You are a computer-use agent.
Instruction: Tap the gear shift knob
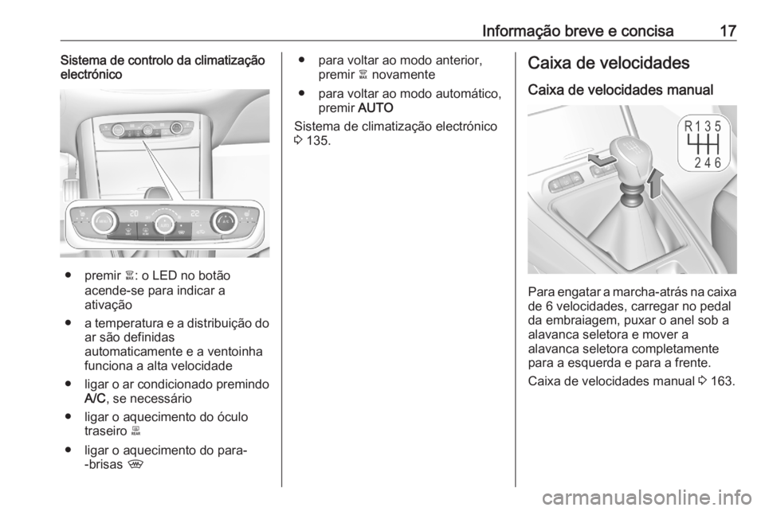tap(629, 156)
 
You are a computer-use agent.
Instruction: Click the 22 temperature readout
tap(196, 213)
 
